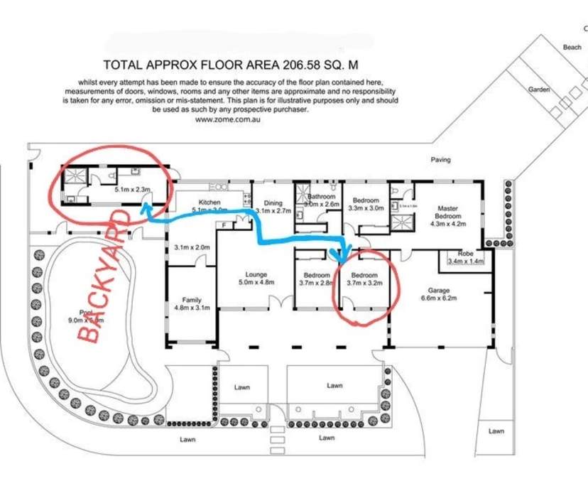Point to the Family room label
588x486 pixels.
click(192, 300)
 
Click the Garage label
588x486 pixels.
click(439, 290)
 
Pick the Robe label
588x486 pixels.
click(465, 254)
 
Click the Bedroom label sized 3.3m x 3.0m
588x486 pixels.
click(366, 201)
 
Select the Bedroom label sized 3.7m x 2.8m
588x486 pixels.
click(317, 275)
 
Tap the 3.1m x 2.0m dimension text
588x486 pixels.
click(192, 247)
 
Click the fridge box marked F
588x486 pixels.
click(224, 225)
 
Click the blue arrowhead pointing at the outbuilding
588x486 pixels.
click(144, 207)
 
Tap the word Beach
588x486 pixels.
click(572, 47)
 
